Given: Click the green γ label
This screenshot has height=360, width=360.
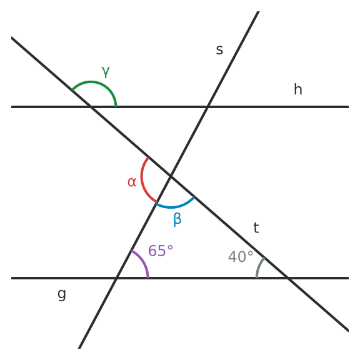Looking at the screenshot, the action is pyautogui.click(x=106, y=72).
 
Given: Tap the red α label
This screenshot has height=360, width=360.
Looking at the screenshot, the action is pyautogui.click(x=132, y=182).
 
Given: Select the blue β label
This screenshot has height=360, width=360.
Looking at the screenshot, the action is pyautogui.click(x=177, y=219).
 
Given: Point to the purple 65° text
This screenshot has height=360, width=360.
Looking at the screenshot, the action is pyautogui.click(x=161, y=251).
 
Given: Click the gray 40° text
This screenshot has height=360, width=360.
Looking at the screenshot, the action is pyautogui.click(x=241, y=257).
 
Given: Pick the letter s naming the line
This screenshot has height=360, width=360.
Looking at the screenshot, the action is pyautogui.click(x=219, y=50).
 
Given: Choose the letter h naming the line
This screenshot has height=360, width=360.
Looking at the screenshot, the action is pyautogui.click(x=298, y=89).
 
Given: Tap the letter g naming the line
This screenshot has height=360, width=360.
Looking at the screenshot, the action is pyautogui.click(x=61, y=294).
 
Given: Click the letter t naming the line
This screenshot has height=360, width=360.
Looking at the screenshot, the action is pyautogui.click(x=256, y=227).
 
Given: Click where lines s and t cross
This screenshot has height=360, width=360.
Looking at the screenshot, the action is pyautogui.click(x=171, y=176).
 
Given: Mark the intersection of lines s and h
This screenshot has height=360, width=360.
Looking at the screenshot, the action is pyautogui.click(x=207, y=107).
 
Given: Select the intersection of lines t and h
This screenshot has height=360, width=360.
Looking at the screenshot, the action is pyautogui.click(x=91, y=107).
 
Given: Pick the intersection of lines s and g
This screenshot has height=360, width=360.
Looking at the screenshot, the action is pyautogui.click(x=116, y=278).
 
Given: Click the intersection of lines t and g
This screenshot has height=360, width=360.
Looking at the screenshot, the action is pyautogui.click(x=288, y=278).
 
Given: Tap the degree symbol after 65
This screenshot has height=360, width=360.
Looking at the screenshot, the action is pyautogui.click(x=170, y=247).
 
